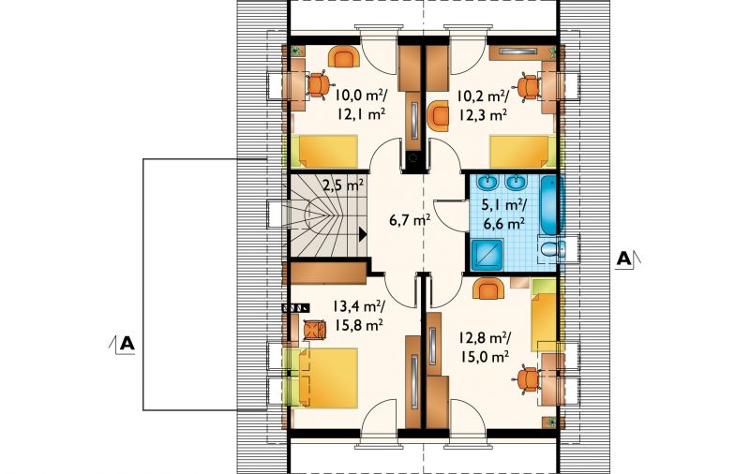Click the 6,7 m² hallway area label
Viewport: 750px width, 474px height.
tap(410, 220)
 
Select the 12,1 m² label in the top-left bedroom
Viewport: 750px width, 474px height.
tap(362, 114)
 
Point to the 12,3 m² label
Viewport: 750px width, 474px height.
tap(483, 114)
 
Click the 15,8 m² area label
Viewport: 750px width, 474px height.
tap(358, 325)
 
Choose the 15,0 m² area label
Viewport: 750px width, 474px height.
tap(484, 357)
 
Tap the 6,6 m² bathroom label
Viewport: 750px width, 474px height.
tap(503, 224)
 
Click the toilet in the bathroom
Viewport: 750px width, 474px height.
tap(553, 249)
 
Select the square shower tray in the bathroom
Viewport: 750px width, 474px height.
tap(487, 255)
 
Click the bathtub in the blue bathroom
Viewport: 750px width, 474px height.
tap(552, 205)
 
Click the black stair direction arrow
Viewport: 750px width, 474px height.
tap(363, 234)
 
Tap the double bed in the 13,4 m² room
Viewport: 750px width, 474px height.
tap(326, 378)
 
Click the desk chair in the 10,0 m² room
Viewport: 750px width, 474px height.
tap(318, 85)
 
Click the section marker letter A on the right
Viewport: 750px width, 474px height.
tap(623, 259)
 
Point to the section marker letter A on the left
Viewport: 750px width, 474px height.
tap(127, 344)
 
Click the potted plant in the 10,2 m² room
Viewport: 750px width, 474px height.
tap(552, 52)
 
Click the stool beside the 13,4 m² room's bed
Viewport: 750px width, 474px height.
tap(315, 330)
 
